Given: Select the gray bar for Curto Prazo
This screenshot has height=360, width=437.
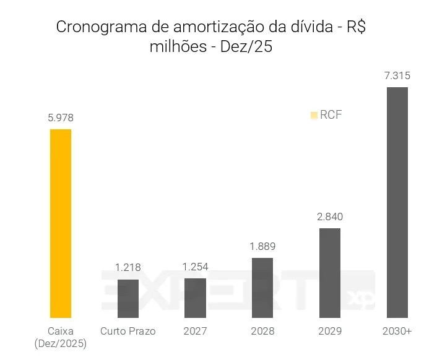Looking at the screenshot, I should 128,299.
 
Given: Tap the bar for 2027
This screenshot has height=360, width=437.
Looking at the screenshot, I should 195,298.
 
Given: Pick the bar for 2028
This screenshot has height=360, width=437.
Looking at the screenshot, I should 262,288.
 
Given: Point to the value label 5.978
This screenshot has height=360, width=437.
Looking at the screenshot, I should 61,118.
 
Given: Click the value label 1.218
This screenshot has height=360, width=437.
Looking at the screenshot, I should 128,267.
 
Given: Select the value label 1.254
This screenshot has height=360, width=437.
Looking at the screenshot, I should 195,267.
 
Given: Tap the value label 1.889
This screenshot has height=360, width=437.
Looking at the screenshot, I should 262,246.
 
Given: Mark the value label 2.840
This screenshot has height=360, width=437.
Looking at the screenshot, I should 330,216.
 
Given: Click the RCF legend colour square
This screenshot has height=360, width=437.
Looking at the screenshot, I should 314,115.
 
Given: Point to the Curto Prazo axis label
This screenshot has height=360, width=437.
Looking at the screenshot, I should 128,331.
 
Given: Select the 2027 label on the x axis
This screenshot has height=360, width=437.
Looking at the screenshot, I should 195,331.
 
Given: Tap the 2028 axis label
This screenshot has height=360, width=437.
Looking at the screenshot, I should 262,331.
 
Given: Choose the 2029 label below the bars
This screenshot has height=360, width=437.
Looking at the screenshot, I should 330,331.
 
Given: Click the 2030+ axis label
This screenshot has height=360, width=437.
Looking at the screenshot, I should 397,331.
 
